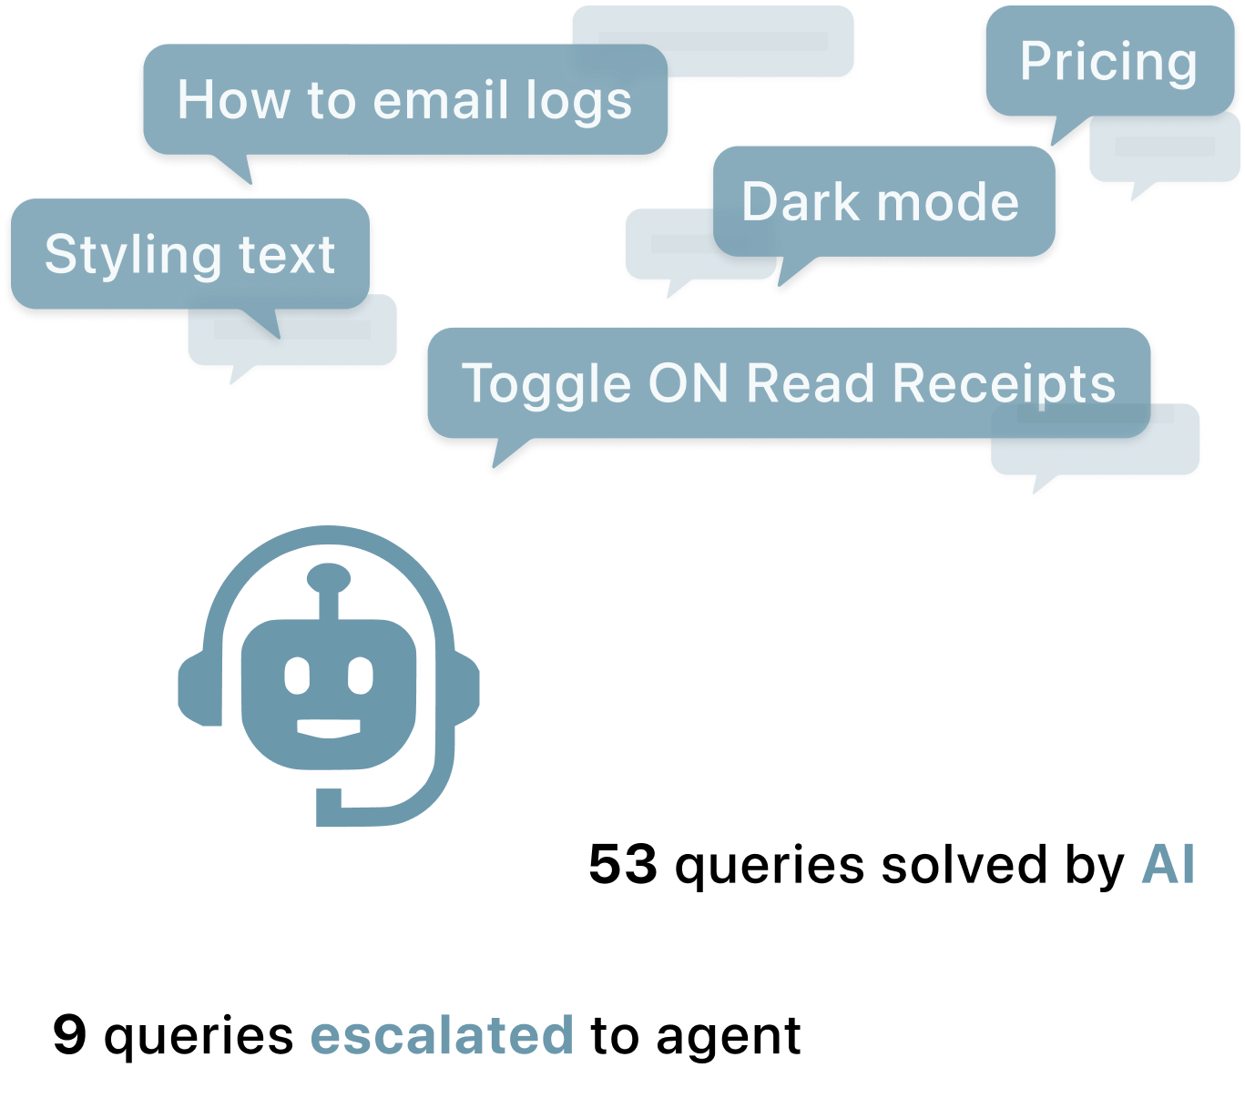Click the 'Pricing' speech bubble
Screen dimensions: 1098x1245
pos(1108,62)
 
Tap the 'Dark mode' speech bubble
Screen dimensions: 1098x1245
pos(881,201)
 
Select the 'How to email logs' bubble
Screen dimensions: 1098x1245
pos(404,100)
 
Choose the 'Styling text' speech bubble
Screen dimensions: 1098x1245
pos(189,254)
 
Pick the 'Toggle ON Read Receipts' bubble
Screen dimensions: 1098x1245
pos(789,383)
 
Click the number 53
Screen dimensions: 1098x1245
pos(623,864)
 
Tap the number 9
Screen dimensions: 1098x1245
pos(70,1034)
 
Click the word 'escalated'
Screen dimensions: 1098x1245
pos(442,1035)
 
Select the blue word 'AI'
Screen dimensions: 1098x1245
pos(1168,864)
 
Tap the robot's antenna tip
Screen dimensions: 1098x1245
pos(329,576)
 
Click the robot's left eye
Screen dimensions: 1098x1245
pos(298,676)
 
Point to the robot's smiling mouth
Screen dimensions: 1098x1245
pos(329,728)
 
